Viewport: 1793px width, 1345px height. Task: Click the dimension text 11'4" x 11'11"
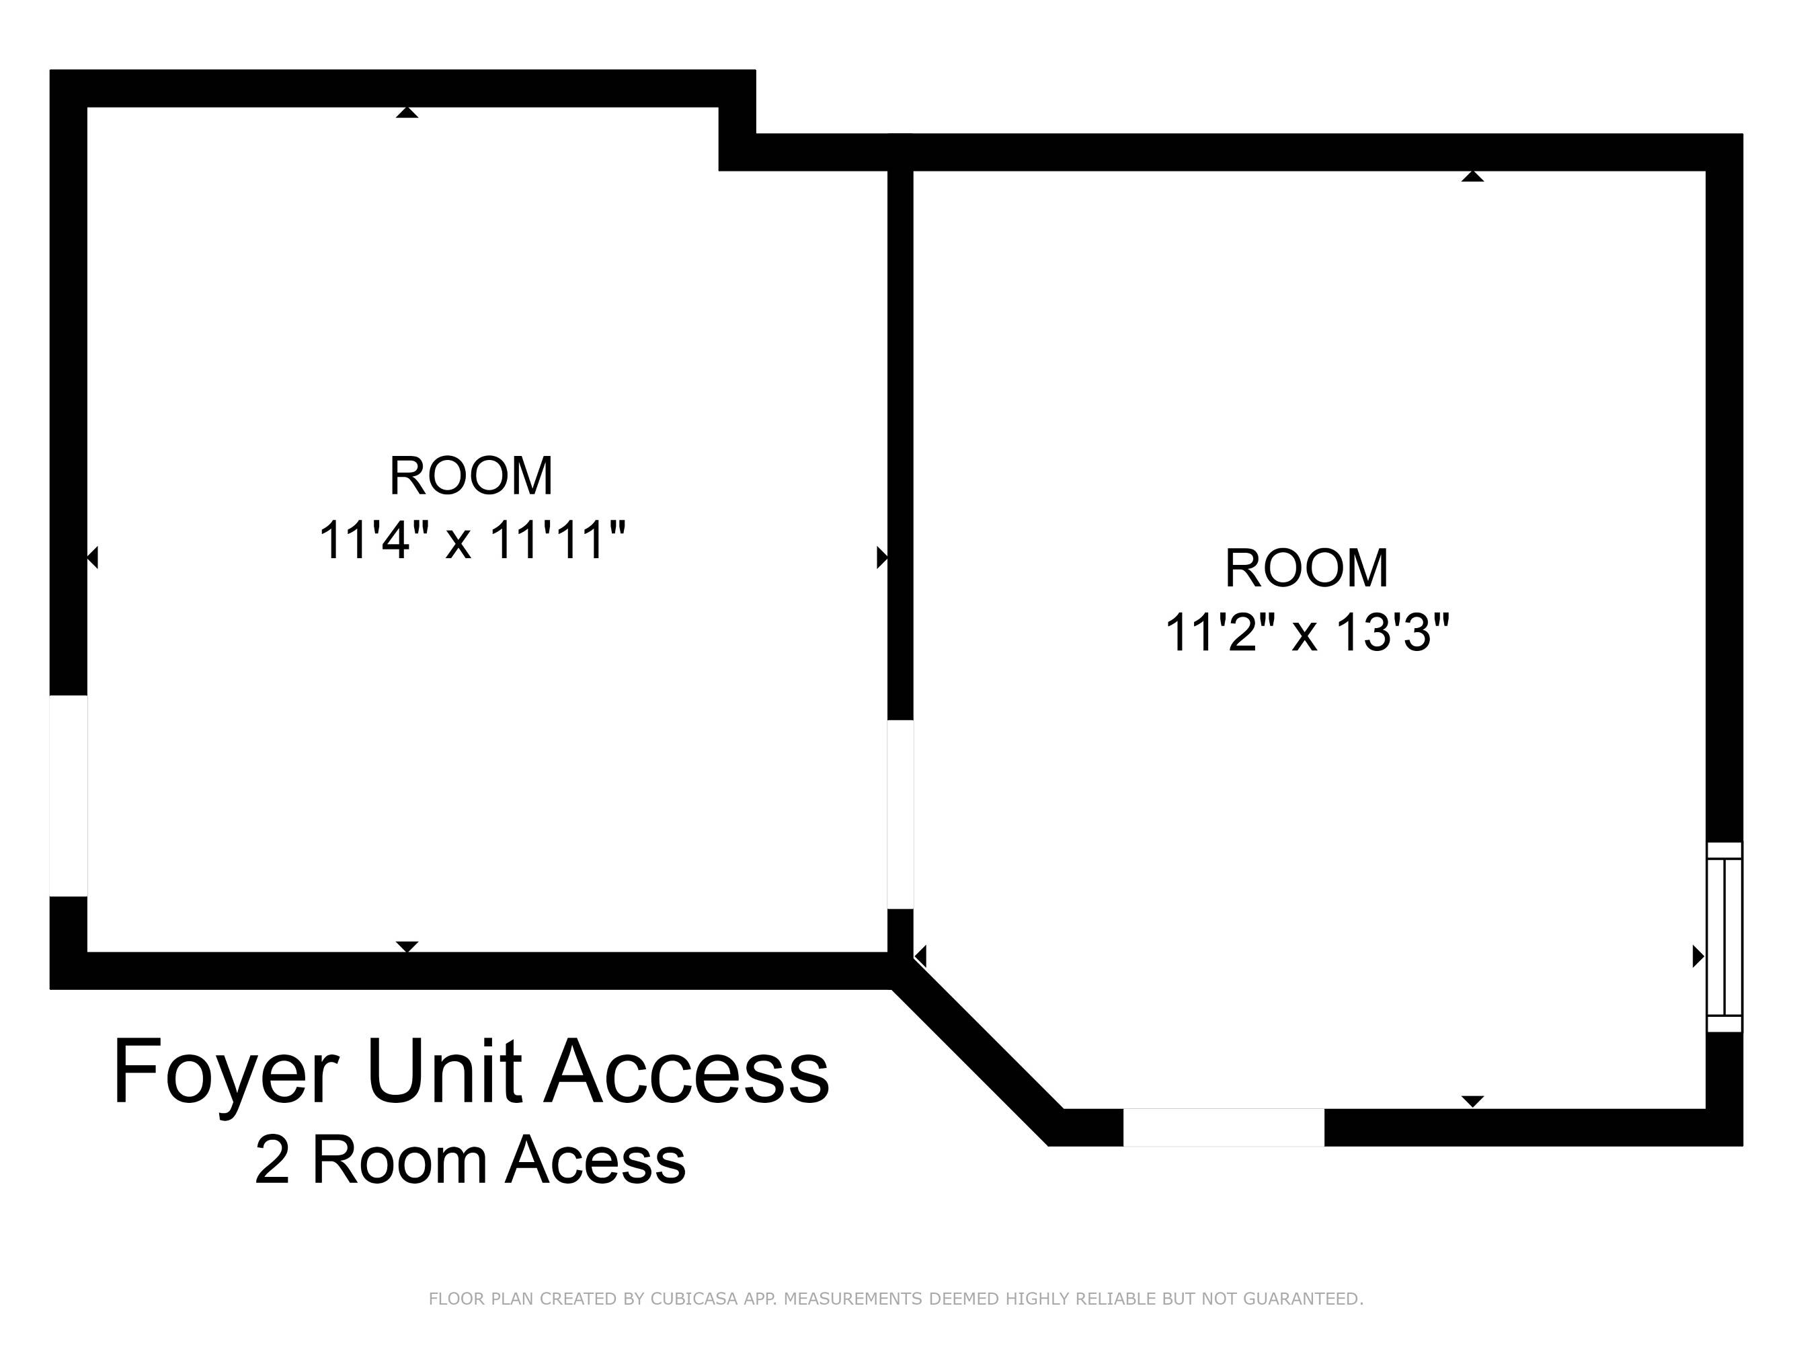pos(473,540)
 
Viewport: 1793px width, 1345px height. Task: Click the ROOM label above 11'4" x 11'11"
pos(471,476)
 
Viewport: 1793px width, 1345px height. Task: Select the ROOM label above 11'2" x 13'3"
pos(1307,568)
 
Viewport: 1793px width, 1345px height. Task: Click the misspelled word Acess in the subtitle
pos(596,1160)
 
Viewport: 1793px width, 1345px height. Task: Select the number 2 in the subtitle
pos(272,1160)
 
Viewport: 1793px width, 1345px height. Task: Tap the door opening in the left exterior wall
pos(69,796)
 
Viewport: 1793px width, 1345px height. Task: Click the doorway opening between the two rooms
pos(901,814)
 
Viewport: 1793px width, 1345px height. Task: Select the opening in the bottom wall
pos(1223,1127)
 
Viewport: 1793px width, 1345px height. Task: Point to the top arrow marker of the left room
pos(407,113)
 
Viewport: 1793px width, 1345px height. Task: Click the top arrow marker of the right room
pos(1473,176)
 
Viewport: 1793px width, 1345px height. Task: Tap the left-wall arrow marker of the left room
pos(92,558)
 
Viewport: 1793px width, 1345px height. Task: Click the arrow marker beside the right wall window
pos(1699,957)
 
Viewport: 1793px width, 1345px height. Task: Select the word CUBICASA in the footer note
pos(694,1299)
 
